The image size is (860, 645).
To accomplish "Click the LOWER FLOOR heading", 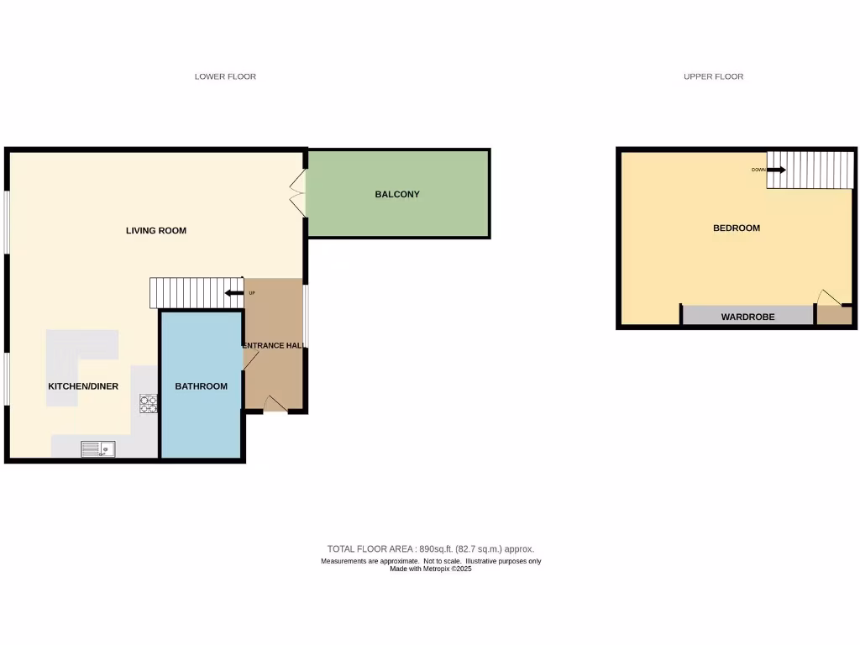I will click(x=225, y=76).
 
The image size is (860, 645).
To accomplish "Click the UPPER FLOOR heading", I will click(x=713, y=76).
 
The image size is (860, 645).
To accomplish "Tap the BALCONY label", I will click(x=397, y=194).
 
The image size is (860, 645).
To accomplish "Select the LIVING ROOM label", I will click(x=156, y=230).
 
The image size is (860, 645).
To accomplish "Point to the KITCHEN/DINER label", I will click(x=82, y=386).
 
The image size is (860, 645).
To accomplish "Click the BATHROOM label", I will click(x=201, y=386).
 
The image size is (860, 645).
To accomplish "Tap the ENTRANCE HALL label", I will click(x=273, y=345).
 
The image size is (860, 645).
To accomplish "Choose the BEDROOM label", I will click(x=737, y=228).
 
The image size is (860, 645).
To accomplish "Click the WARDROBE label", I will click(x=747, y=317).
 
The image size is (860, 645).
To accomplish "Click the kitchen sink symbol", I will click(x=98, y=449).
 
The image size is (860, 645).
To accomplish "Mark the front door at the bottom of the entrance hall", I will click(x=274, y=405).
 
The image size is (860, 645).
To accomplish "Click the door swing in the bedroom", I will click(x=828, y=298).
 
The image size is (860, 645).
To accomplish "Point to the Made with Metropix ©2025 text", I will click(x=430, y=569).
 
